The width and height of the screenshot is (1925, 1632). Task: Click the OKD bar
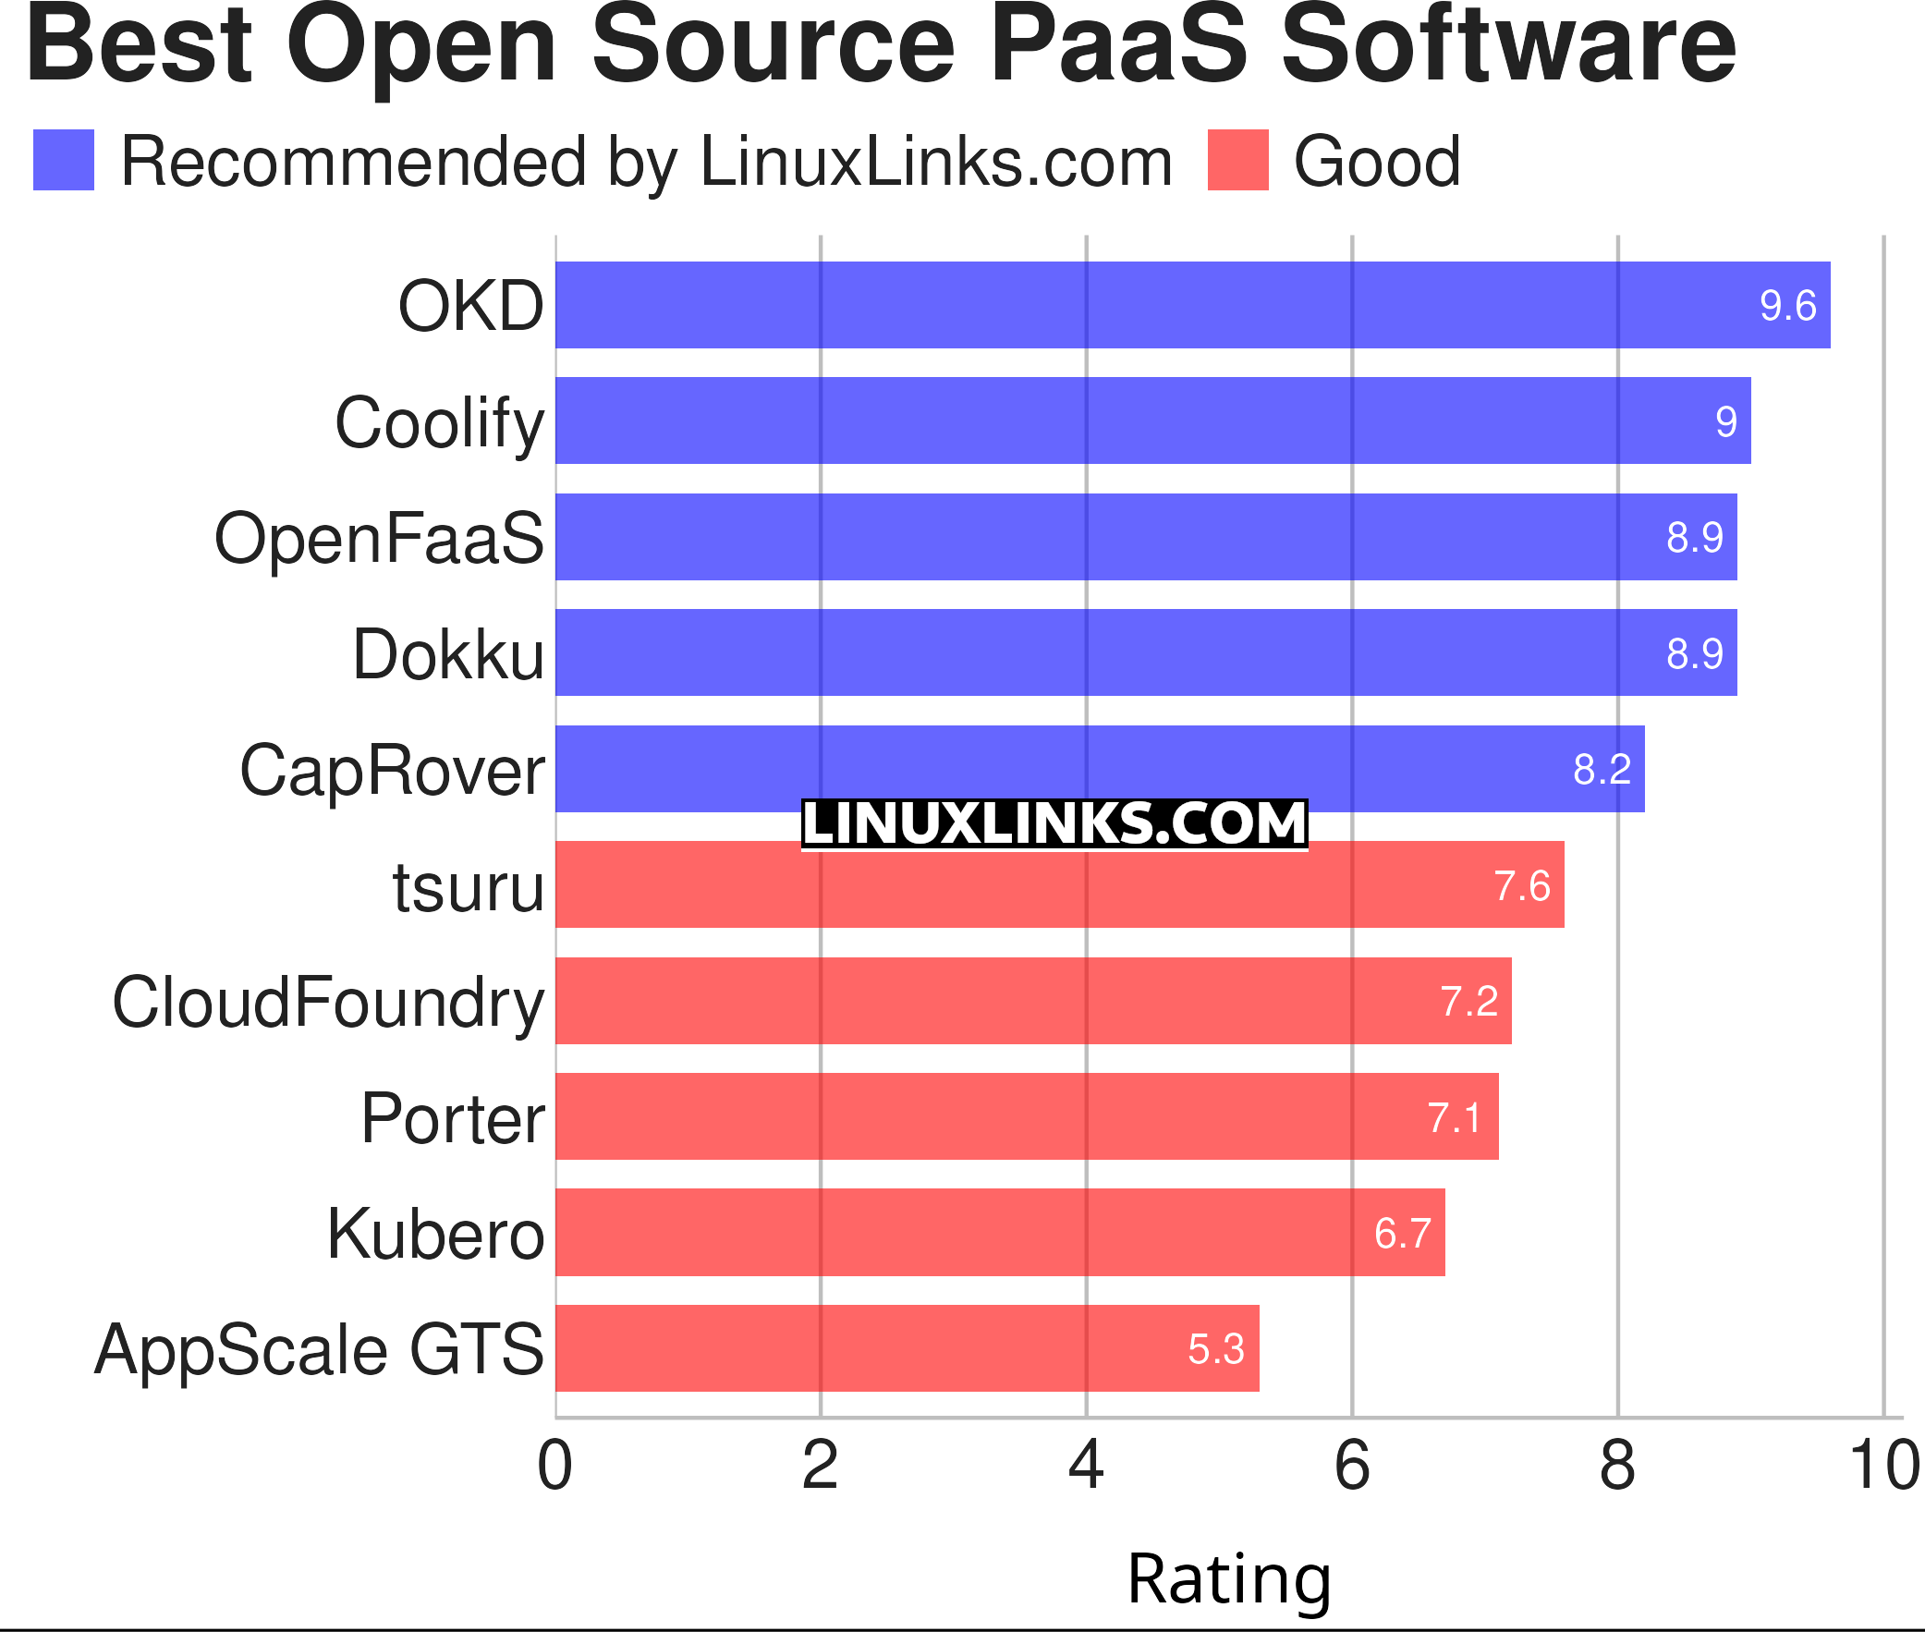pos(1191,305)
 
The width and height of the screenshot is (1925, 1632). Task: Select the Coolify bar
pos(1152,421)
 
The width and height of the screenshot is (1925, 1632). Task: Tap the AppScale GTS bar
pos(907,1348)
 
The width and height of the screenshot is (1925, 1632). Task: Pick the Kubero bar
pos(999,1233)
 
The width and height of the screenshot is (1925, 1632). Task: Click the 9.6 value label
pos(1787,306)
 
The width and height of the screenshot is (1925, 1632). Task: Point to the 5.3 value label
pos(1215,1349)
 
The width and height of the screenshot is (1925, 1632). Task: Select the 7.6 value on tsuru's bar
pos(1522,886)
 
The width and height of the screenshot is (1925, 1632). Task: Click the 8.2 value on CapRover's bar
pos(1602,770)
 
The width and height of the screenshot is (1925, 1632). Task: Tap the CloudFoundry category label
pos(328,1003)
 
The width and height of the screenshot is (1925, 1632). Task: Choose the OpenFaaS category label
pos(379,539)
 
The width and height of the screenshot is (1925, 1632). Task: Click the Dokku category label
pos(448,655)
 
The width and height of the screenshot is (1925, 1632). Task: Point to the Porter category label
pos(453,1118)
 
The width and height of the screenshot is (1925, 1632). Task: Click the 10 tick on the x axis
pos(1883,1467)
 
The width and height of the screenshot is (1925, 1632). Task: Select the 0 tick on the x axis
pos(555,1467)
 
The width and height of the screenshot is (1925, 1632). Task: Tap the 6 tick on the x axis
pos(1351,1467)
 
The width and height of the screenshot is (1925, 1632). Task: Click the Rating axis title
pos(1228,1578)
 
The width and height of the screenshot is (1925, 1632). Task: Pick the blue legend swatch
pos(64,160)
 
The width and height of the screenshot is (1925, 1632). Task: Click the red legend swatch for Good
pos(1237,160)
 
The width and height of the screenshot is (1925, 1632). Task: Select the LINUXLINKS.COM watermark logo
pos(1054,824)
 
